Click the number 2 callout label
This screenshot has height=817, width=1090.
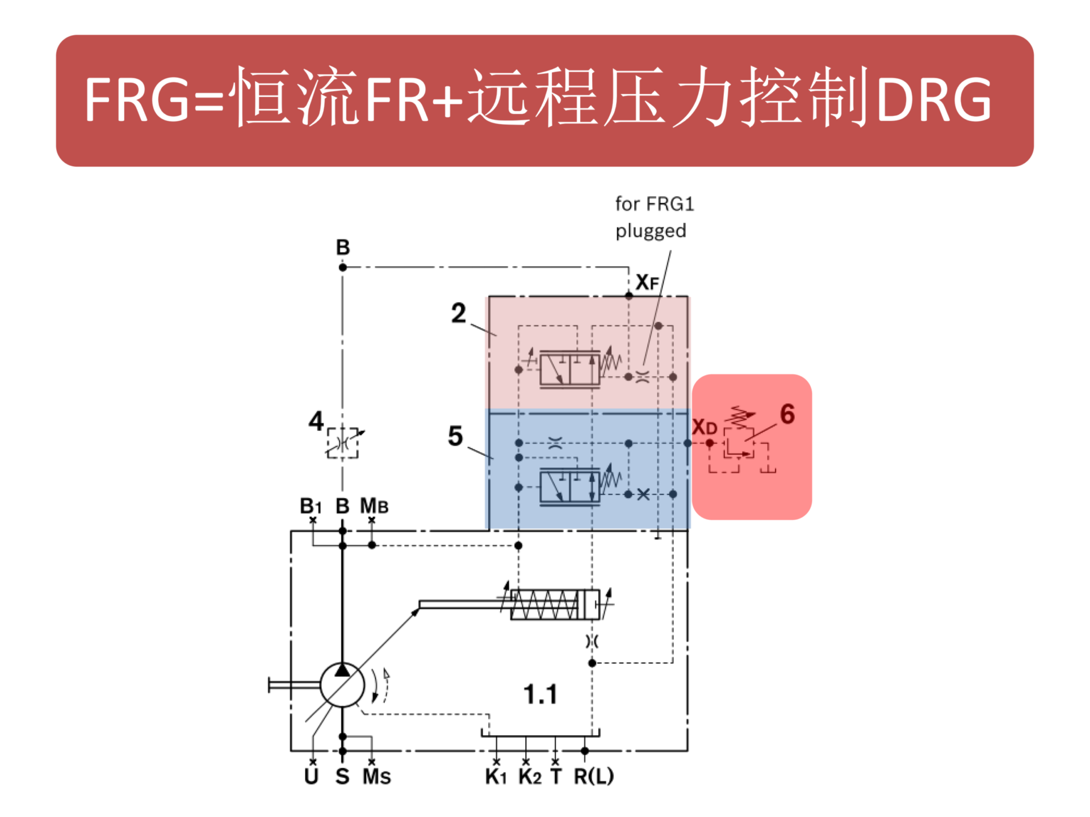pyautogui.click(x=458, y=313)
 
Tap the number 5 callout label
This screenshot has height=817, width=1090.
pyautogui.click(x=455, y=436)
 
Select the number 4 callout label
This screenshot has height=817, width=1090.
pyautogui.click(x=316, y=421)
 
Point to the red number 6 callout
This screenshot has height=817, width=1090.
pyautogui.click(x=787, y=414)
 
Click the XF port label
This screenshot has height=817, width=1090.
pyautogui.click(x=647, y=282)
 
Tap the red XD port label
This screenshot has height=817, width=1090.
pyautogui.click(x=704, y=427)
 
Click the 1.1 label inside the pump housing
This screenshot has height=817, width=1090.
pyautogui.click(x=540, y=694)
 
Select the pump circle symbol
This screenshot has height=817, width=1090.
pyautogui.click(x=342, y=685)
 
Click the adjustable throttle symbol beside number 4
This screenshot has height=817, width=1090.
pyautogui.click(x=343, y=443)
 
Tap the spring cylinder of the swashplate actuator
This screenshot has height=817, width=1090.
pyautogui.click(x=554, y=605)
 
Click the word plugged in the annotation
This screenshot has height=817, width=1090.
pyautogui.click(x=651, y=231)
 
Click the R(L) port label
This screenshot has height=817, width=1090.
pyautogui.click(x=593, y=776)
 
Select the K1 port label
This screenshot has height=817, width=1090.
pyautogui.click(x=496, y=776)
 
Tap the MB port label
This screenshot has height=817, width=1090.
pyautogui.click(x=374, y=506)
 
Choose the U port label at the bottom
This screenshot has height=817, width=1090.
pyautogui.click(x=311, y=776)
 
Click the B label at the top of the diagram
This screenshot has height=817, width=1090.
pyautogui.click(x=343, y=247)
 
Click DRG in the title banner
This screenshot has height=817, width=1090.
pyautogui.click(x=934, y=100)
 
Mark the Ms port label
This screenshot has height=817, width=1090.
pyautogui.click(x=376, y=776)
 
